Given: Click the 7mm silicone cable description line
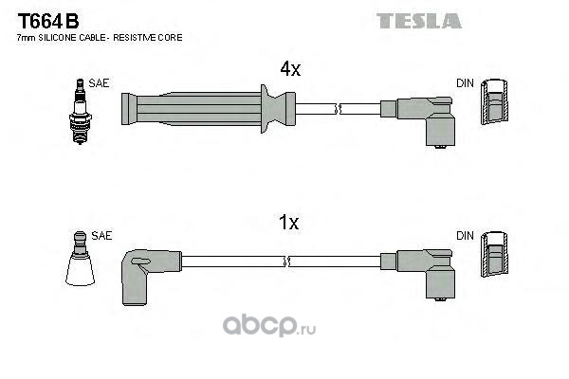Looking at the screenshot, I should [100, 37].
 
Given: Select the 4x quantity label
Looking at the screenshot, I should [289, 69].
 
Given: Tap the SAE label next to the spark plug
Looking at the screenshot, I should [100, 83].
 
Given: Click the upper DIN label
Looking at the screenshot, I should [465, 83].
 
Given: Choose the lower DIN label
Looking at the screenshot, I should [465, 235].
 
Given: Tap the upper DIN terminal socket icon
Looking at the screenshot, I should [493, 100].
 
